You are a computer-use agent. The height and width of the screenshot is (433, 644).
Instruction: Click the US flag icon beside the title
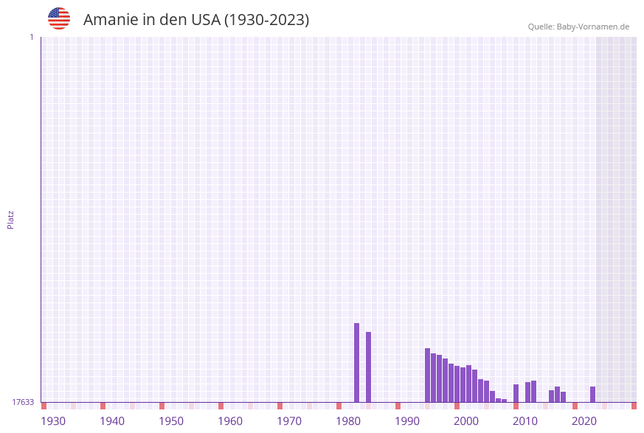(59, 18)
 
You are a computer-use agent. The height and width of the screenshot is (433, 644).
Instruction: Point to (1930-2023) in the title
(266, 20)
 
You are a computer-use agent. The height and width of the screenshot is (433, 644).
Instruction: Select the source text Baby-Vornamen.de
(593, 27)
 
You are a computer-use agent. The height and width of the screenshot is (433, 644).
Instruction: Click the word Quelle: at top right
(541, 27)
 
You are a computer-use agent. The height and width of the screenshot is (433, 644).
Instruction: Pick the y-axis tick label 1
(31, 37)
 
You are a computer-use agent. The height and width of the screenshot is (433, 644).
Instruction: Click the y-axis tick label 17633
(23, 402)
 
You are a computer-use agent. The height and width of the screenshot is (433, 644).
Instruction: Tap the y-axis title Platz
(11, 219)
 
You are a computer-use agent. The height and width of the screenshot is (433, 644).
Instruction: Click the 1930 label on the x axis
(53, 421)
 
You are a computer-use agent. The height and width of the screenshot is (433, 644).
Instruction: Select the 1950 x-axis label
(171, 421)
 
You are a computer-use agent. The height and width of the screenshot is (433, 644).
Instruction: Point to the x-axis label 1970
(289, 421)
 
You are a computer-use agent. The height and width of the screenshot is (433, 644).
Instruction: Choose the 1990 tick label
(407, 421)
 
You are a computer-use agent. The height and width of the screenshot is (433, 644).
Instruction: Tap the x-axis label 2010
(525, 421)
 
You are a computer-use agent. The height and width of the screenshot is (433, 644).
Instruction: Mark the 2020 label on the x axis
(584, 421)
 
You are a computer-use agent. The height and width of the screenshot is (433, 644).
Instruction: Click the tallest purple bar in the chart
(356, 362)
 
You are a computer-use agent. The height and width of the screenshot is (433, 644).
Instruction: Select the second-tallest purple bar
(368, 367)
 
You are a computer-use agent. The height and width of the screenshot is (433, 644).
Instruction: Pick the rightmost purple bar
(592, 394)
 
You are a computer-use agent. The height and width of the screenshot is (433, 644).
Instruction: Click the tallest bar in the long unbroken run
(427, 375)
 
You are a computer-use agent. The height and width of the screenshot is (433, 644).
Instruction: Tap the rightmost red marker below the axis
(634, 406)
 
